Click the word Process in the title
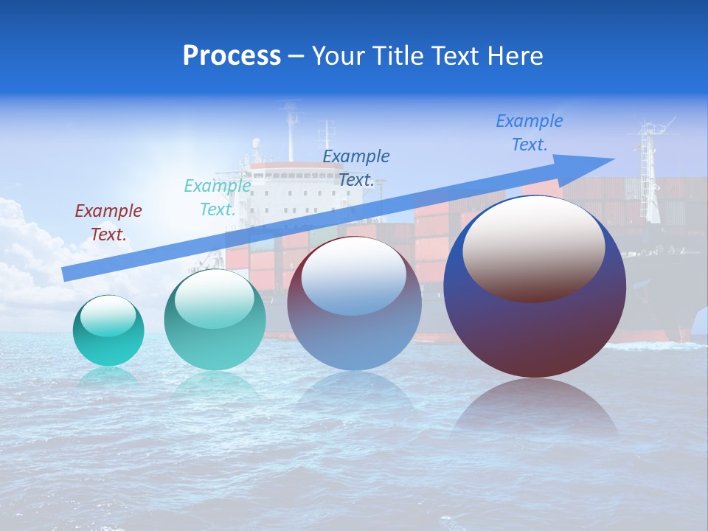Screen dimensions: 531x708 (x=232, y=56)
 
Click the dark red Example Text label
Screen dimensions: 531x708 (x=108, y=223)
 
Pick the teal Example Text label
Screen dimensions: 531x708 (x=218, y=198)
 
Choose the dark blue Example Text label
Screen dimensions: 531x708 (x=356, y=168)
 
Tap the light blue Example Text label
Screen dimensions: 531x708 (x=530, y=133)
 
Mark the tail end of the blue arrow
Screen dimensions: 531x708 (x=68, y=274)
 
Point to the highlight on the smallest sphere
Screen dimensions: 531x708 (x=108, y=316)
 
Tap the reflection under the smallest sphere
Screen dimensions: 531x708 (x=108, y=376)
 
